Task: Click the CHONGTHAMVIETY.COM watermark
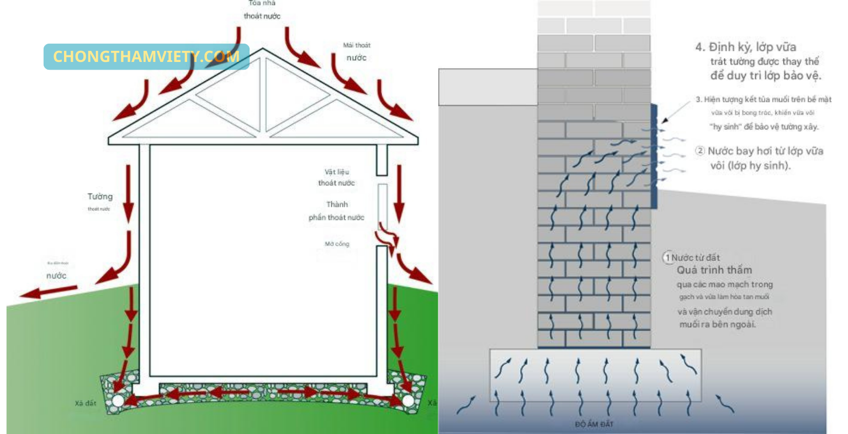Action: [x=146, y=56]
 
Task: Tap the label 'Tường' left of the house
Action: [x=100, y=197]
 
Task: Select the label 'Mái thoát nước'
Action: [x=357, y=51]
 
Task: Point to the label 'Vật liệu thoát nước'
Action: [x=336, y=177]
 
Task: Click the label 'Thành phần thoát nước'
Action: [x=337, y=211]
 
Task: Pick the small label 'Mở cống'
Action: [x=337, y=244]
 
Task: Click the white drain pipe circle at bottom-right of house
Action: [x=408, y=400]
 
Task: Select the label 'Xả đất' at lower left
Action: [x=85, y=404]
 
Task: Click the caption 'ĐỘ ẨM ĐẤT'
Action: [x=594, y=424]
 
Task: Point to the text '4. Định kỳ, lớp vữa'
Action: [x=745, y=47]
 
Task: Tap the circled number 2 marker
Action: [x=700, y=151]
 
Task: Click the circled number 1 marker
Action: [x=667, y=258]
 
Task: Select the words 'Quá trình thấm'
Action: [x=714, y=270]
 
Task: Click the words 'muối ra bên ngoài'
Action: [x=717, y=325]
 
